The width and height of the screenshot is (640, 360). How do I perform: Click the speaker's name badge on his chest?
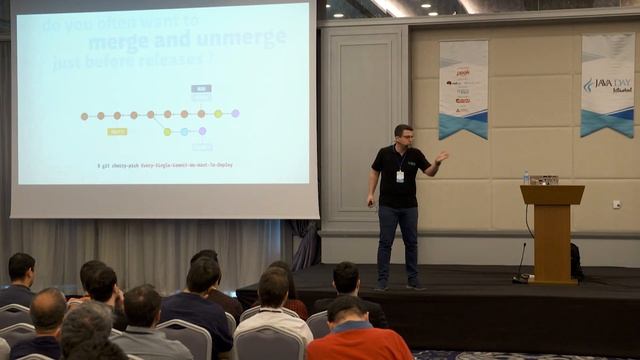(x=400, y=176)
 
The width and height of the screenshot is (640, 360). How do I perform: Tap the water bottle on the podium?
(x=526, y=177)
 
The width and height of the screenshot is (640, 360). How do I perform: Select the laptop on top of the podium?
(x=544, y=180)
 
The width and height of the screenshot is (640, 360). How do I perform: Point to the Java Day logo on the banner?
(x=608, y=86)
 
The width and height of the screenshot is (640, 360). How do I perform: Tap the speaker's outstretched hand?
(x=442, y=156)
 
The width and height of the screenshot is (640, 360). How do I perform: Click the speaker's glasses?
(x=403, y=135)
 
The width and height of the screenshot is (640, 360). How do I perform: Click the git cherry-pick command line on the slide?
(x=165, y=164)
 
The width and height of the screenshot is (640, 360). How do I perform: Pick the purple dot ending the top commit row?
(x=235, y=113)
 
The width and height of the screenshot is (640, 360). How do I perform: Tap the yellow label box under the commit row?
(x=117, y=131)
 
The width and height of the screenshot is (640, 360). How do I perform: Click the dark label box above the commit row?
(x=201, y=89)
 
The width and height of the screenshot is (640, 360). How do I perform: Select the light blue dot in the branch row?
(x=183, y=131)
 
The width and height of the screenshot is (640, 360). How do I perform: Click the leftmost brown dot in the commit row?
(x=84, y=116)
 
